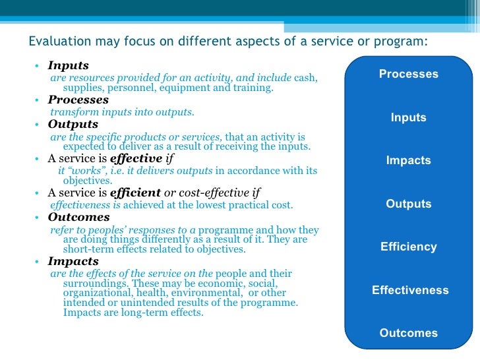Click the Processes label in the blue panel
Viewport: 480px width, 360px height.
tap(408, 75)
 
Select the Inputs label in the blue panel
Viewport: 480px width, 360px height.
tap(408, 118)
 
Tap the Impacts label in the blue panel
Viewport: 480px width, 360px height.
tap(408, 161)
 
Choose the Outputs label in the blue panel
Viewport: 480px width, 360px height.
tap(408, 204)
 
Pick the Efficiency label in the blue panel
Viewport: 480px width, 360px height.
tap(408, 247)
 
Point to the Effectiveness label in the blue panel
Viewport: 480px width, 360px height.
tap(409, 290)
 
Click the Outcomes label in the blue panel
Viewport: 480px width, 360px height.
tap(408, 334)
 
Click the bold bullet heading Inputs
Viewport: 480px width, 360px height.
tap(68, 66)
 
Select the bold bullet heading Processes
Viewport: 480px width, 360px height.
tap(78, 100)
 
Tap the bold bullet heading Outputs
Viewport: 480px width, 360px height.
tap(73, 124)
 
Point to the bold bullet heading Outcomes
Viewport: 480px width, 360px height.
tap(78, 217)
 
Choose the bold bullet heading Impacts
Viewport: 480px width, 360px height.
tap(73, 261)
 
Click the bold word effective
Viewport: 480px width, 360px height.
tap(136, 158)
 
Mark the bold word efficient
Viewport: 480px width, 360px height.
tap(135, 193)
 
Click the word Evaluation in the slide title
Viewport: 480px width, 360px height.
tap(57, 41)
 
